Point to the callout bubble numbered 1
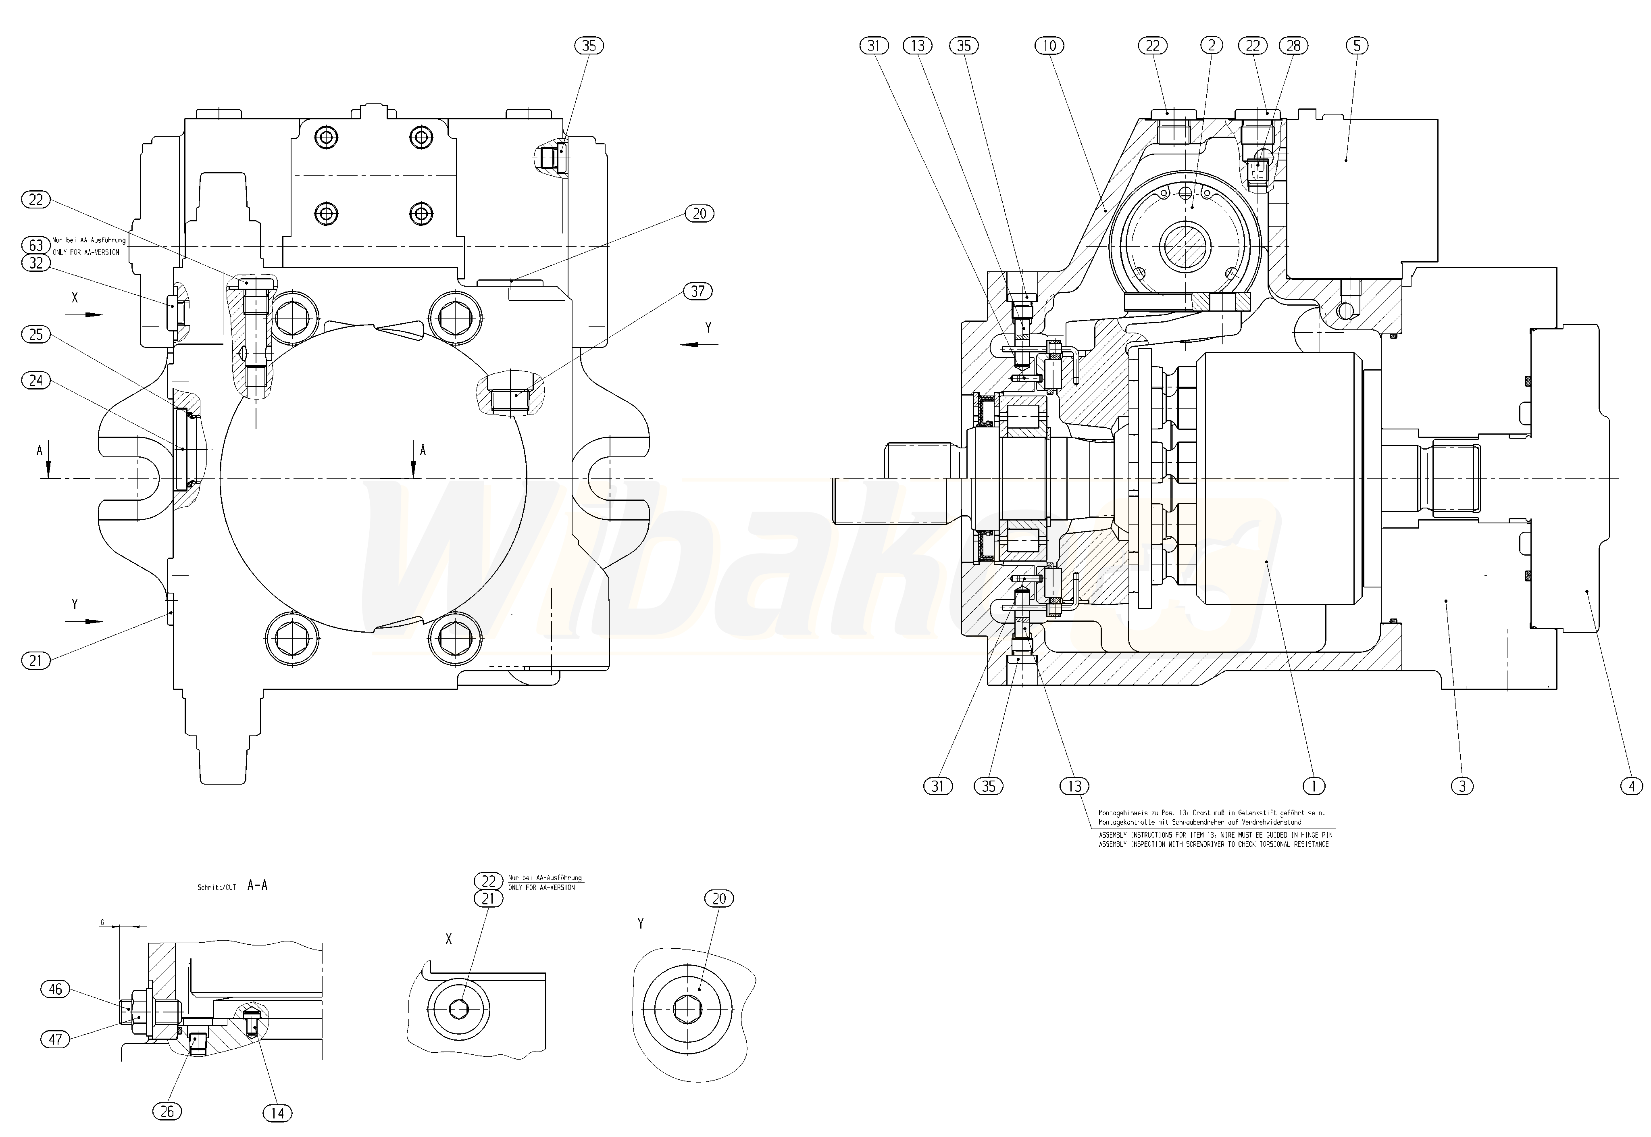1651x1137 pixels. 1314,787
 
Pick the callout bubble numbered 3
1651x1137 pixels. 1462,787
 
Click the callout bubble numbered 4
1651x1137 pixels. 1631,787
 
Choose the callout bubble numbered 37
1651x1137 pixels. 697,292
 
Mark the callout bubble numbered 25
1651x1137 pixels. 36,335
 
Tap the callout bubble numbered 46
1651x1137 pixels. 56,989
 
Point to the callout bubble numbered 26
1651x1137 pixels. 167,1111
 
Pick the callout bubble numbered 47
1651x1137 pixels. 56,1039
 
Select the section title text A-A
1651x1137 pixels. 258,885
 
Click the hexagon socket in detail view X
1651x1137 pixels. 459,1010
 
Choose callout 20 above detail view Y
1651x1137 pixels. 719,899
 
